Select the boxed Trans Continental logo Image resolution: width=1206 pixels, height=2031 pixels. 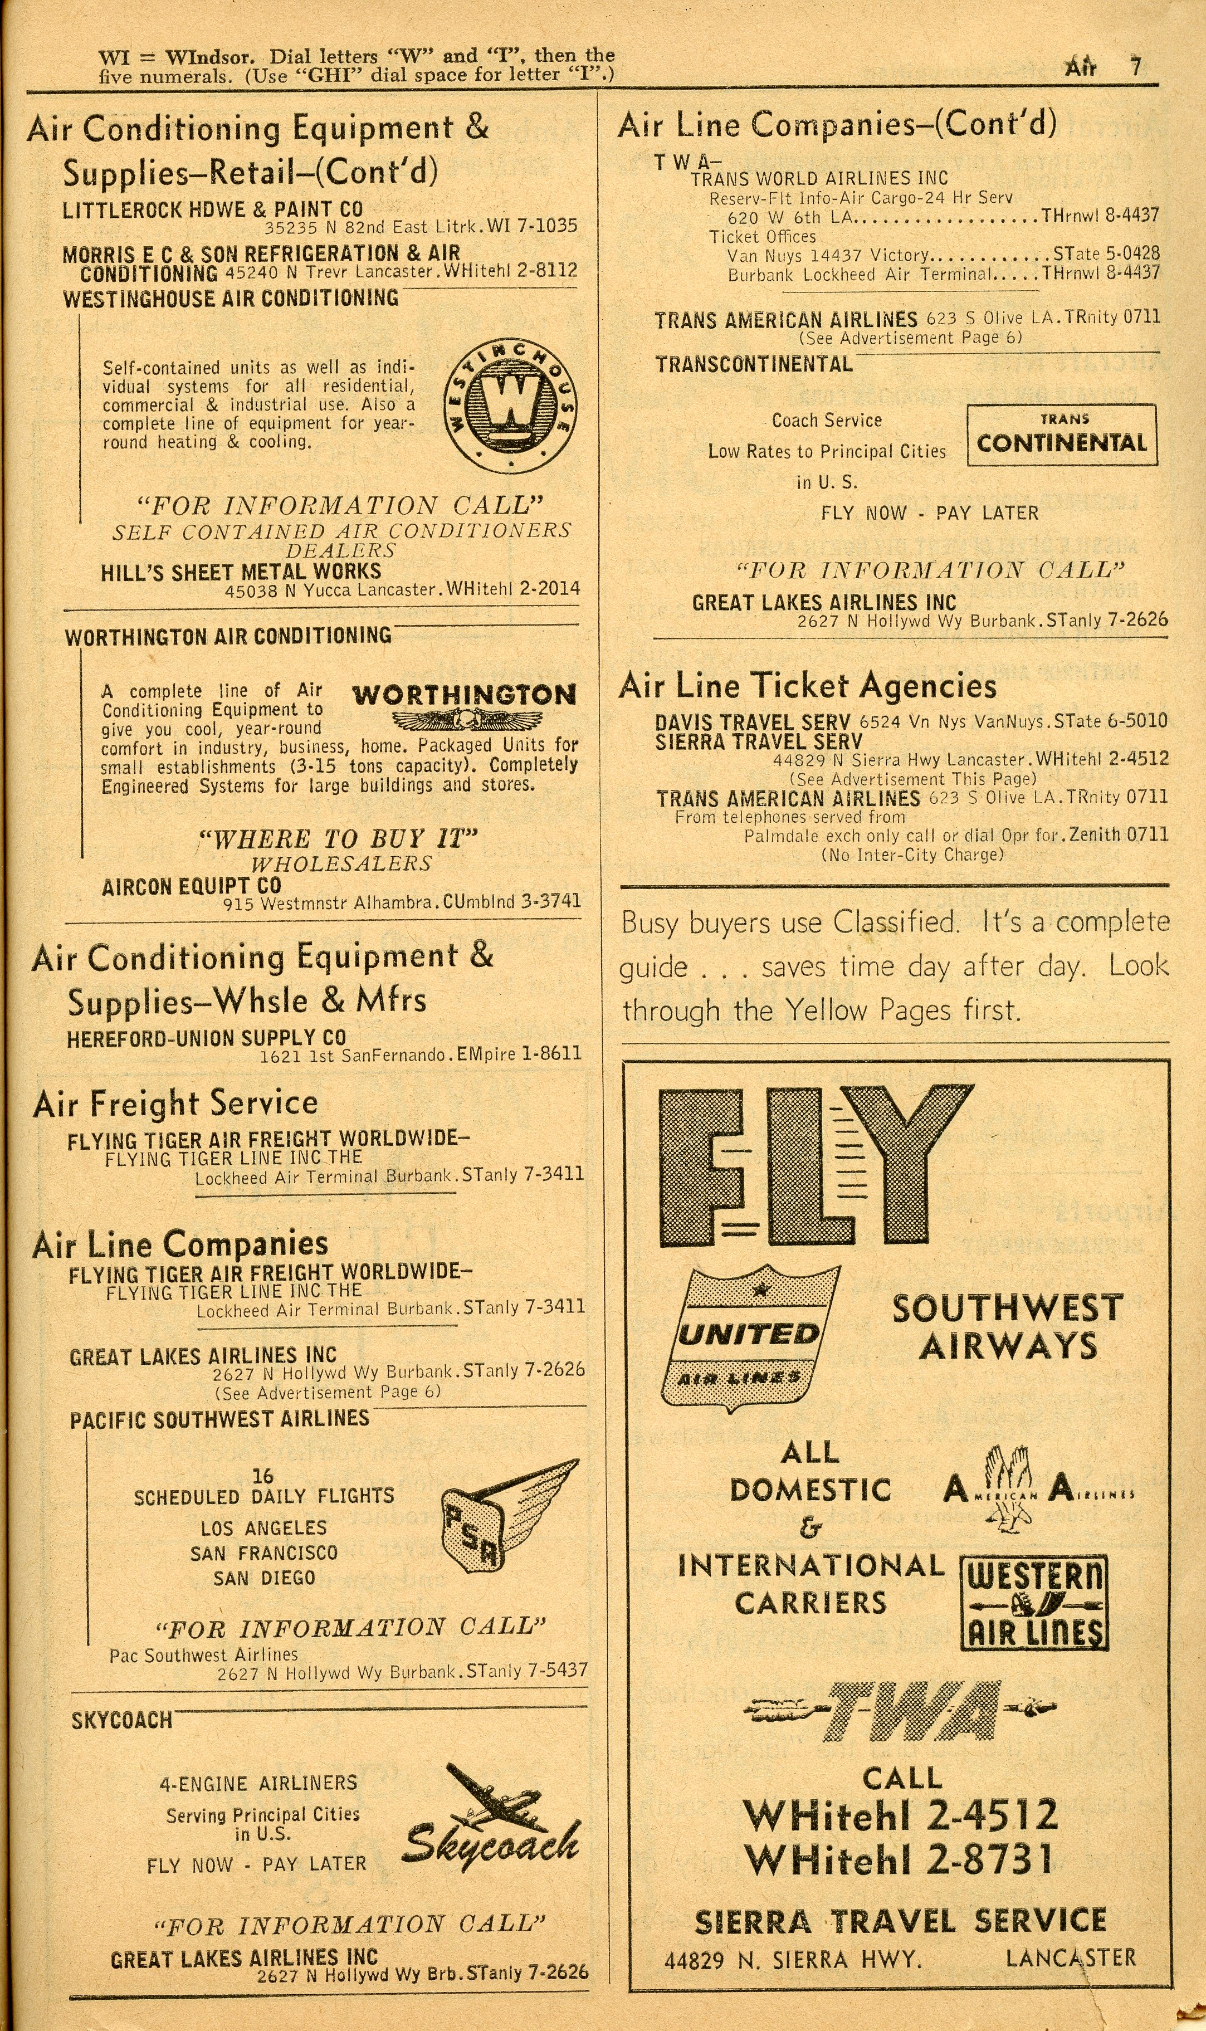click(x=1061, y=435)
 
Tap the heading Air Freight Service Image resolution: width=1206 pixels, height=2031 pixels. click(x=175, y=1104)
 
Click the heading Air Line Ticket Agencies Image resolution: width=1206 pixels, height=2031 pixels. click(x=807, y=686)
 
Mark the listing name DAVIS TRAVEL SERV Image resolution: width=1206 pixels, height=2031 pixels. click(x=753, y=722)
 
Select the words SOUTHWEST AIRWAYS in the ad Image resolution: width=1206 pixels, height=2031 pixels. click(x=1008, y=1326)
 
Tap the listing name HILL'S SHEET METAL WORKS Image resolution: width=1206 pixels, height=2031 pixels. click(x=241, y=572)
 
